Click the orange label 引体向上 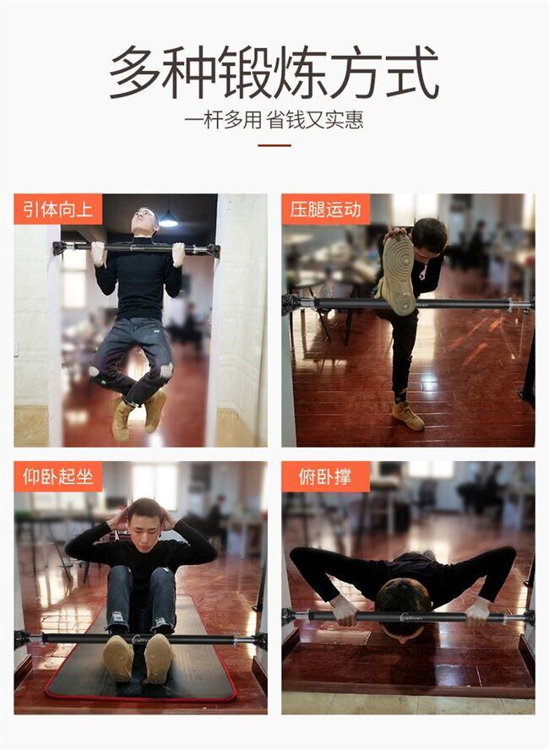[x=58, y=209]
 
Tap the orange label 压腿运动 [x=326, y=209]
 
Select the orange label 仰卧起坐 [x=58, y=476]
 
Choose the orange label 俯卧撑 [x=326, y=476]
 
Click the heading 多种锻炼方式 [x=274, y=73]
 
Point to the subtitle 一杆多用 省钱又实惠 [x=274, y=120]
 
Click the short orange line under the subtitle [x=274, y=145]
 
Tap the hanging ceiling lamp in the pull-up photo [x=168, y=220]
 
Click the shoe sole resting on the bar [x=399, y=274]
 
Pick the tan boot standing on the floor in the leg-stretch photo [x=407, y=416]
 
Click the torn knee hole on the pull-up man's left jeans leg [x=166, y=371]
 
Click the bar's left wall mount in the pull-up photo [x=60, y=248]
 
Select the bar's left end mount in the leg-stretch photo [x=291, y=304]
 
